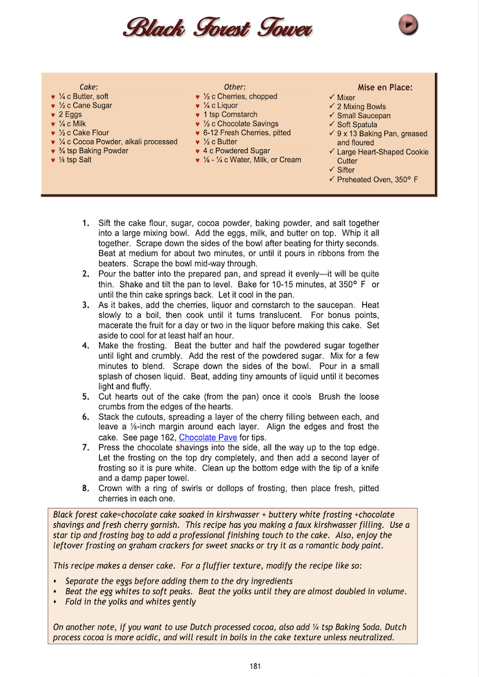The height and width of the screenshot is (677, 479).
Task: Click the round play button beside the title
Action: (x=408, y=25)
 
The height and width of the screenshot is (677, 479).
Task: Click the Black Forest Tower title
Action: (x=218, y=28)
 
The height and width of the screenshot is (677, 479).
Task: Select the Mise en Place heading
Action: (x=385, y=88)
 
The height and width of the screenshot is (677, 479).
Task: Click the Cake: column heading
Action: (x=89, y=87)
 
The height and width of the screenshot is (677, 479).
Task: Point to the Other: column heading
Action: (x=235, y=87)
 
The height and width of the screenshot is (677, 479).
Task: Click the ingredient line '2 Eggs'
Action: (x=69, y=114)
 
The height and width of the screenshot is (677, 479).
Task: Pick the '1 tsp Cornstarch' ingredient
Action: (x=230, y=114)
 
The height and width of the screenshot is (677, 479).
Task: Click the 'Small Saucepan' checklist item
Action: (x=364, y=115)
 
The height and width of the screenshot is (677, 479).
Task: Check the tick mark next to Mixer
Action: (x=332, y=97)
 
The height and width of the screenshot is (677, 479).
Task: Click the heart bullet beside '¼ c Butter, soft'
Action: (x=53, y=97)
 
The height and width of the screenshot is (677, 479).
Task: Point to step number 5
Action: (x=86, y=396)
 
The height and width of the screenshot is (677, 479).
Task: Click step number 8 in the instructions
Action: (x=86, y=488)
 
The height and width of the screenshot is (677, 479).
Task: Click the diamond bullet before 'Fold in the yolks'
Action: (x=56, y=602)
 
